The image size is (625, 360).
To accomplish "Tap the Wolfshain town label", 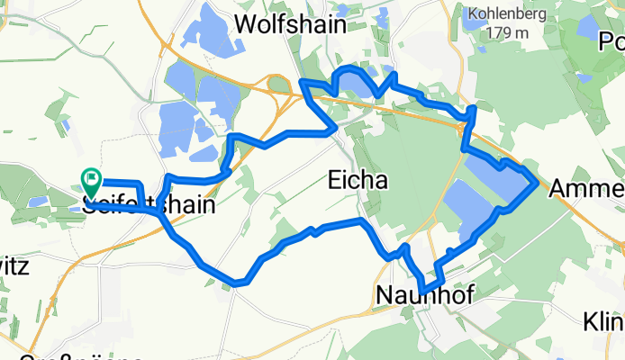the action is pyautogui.click(x=290, y=24).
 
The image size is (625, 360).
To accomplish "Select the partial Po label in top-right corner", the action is pyautogui.click(x=612, y=43).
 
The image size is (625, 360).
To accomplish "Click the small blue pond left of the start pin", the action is pyautogui.click(x=37, y=202).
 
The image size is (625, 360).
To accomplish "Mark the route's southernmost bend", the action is pyautogui.click(x=239, y=283).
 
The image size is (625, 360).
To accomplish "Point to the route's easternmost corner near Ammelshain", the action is pyautogui.click(x=538, y=183).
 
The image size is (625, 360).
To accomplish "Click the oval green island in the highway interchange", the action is pyautogui.click(x=279, y=85).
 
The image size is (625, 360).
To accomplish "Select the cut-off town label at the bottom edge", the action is pyautogui.click(x=81, y=357).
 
